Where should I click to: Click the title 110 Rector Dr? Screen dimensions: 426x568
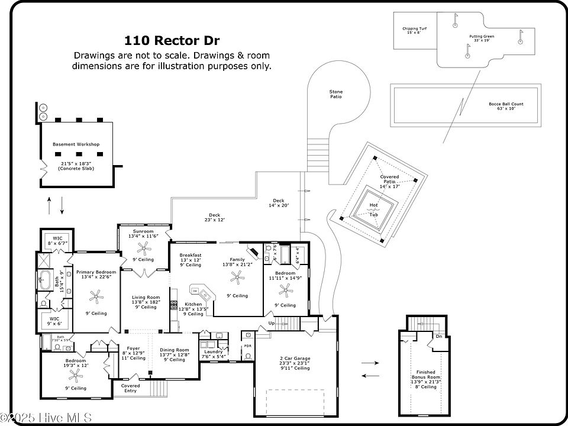click(x=172, y=41)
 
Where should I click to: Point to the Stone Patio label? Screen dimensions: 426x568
click(x=336, y=93)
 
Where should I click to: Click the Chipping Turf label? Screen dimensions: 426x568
click(x=415, y=28)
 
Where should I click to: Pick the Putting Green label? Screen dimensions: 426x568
click(x=482, y=37)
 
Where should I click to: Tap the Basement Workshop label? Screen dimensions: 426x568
click(x=76, y=144)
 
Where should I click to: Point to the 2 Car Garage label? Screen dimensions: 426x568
click(x=294, y=359)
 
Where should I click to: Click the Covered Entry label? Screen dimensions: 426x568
click(x=131, y=388)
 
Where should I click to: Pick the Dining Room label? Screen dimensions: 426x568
click(x=175, y=350)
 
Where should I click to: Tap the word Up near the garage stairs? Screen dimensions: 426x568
click(x=271, y=323)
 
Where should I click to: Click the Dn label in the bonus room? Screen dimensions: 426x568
click(x=438, y=336)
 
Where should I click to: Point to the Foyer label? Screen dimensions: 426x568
click(x=133, y=348)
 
